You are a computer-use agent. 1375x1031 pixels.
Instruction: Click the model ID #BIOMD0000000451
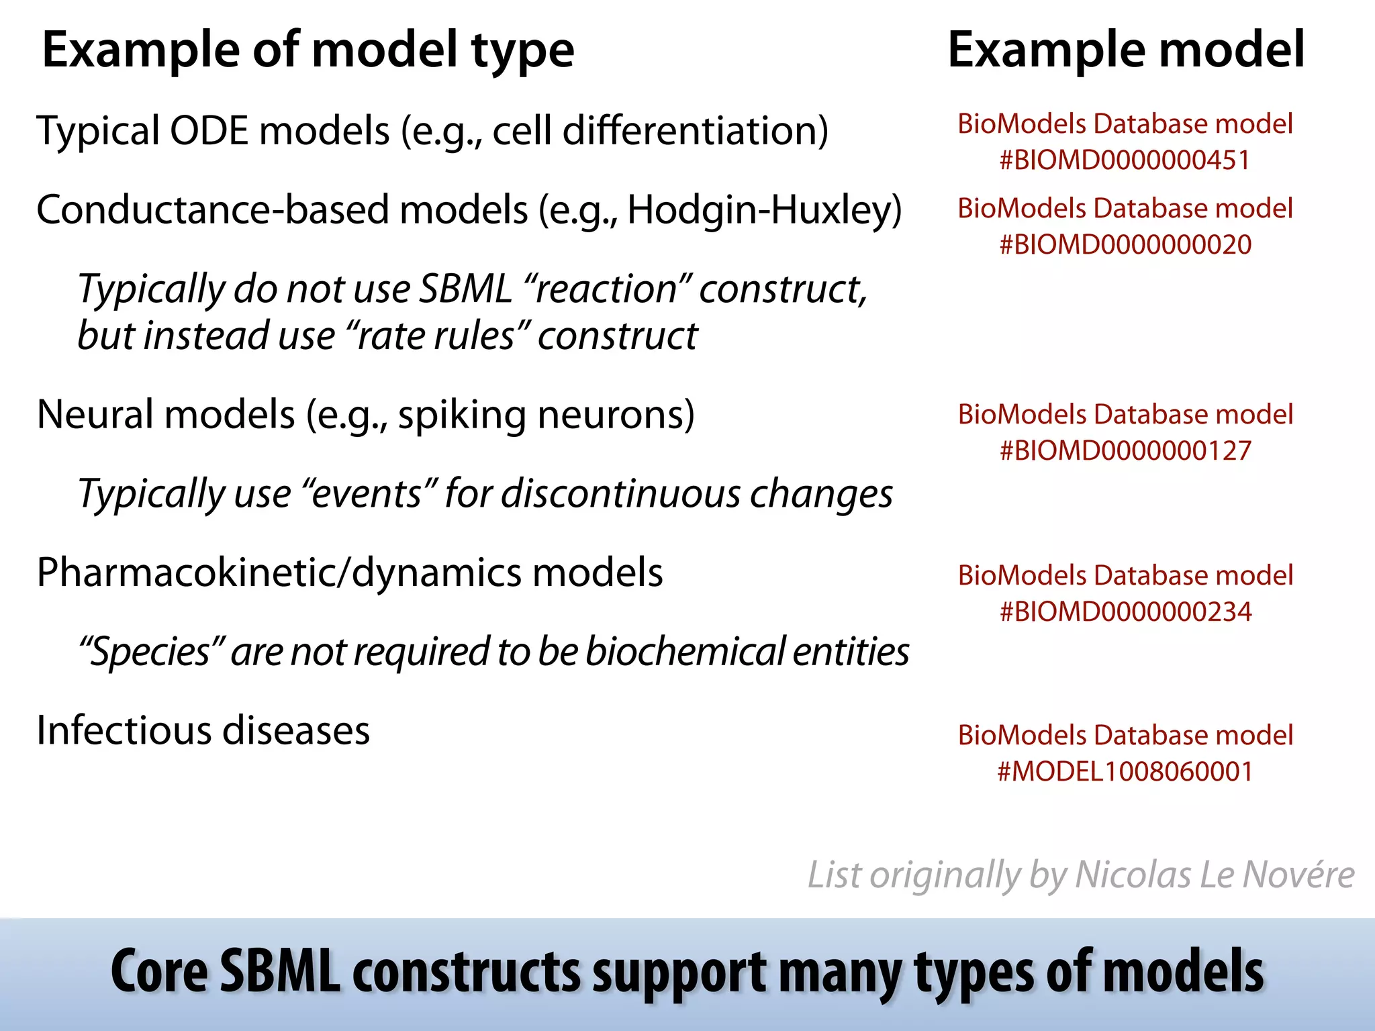(x=1125, y=160)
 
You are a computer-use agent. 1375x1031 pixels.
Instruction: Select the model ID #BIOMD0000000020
(x=1125, y=245)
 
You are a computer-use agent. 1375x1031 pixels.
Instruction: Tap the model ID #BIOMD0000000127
(x=1125, y=450)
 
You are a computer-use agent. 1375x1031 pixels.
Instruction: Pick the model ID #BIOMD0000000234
(x=1125, y=611)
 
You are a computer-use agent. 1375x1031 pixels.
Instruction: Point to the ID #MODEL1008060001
(x=1125, y=772)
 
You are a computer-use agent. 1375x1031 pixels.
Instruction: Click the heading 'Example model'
(x=1126, y=50)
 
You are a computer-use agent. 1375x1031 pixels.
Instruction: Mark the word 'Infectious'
(x=124, y=730)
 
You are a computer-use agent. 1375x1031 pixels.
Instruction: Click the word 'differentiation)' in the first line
(x=695, y=130)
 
